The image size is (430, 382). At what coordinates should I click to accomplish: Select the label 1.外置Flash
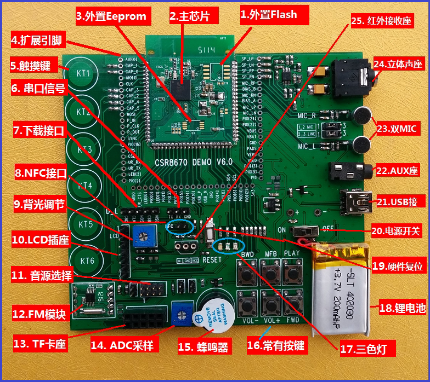pyautogui.click(x=269, y=15)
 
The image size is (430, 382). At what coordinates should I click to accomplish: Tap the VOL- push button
pyautogui.click(x=247, y=302)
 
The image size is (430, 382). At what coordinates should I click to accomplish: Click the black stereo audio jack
pyautogui.click(x=352, y=77)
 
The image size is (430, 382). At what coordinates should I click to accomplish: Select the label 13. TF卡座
pyautogui.click(x=39, y=344)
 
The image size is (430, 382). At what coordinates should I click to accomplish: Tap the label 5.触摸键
pyautogui.click(x=30, y=66)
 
